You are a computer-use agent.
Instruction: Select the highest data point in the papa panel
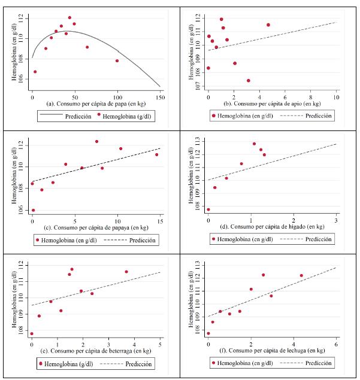point(69,18)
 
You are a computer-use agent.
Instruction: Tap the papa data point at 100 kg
point(117,60)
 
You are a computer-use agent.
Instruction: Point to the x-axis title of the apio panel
point(272,104)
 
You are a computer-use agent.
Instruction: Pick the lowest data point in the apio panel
point(248,80)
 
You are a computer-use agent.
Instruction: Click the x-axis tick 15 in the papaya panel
point(160,222)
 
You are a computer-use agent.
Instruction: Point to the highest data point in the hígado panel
point(254,144)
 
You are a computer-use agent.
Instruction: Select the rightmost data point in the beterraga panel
point(126,272)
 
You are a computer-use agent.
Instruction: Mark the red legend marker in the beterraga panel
point(40,364)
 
